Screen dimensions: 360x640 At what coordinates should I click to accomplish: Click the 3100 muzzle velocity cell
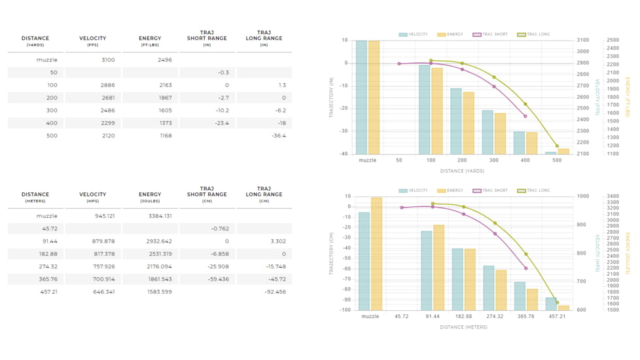(x=108, y=60)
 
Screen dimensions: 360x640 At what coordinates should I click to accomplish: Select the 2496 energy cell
(x=165, y=60)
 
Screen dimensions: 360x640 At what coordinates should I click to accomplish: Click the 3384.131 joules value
(x=159, y=215)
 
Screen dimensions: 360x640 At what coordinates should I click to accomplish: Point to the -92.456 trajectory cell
(x=274, y=291)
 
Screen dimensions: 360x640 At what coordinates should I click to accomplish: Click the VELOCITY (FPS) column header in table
(x=92, y=41)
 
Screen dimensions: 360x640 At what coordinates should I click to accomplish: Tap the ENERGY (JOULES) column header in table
(x=150, y=196)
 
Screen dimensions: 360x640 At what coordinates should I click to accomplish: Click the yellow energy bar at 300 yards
(x=500, y=134)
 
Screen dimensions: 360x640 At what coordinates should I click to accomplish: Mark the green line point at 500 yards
(x=557, y=146)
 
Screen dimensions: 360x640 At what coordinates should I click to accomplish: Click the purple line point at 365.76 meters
(x=525, y=268)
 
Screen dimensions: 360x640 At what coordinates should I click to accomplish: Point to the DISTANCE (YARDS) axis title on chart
(x=462, y=171)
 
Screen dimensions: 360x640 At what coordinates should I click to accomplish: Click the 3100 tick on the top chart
(x=582, y=41)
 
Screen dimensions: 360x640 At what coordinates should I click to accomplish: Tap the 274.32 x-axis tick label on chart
(x=494, y=316)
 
